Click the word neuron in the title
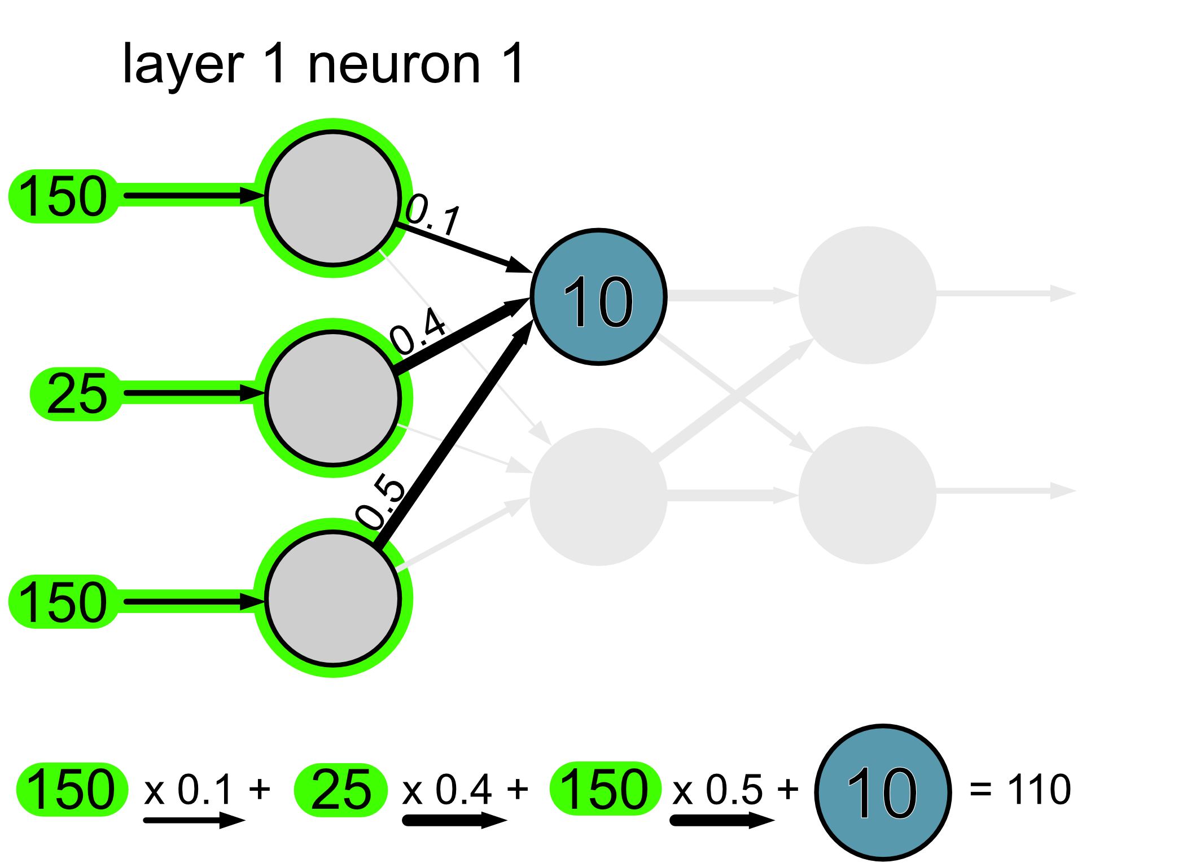[394, 65]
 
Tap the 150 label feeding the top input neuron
[63, 196]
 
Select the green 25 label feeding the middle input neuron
[77, 393]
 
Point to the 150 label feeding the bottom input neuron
[63, 602]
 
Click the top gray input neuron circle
[333, 198]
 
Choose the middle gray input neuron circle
[333, 397]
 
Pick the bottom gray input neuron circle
[333, 598]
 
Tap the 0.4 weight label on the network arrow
[418, 332]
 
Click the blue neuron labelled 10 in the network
[598, 297]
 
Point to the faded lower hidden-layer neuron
[598, 496]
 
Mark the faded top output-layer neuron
[867, 295]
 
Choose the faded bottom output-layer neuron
[867, 494]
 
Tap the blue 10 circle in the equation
[883, 792]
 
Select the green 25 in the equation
[341, 790]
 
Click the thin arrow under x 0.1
[194, 820]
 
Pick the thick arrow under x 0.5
[722, 820]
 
